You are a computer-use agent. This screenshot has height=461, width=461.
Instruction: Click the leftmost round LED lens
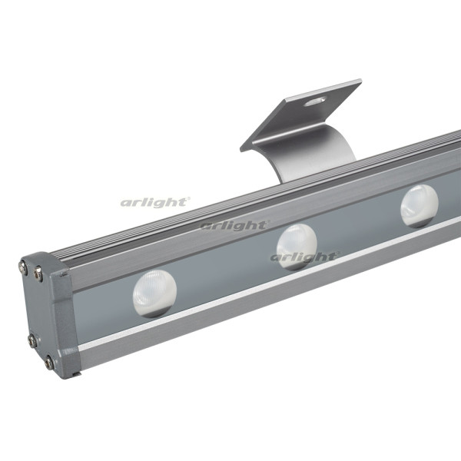coord(154,294)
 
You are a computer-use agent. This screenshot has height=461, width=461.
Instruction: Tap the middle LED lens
coord(297,247)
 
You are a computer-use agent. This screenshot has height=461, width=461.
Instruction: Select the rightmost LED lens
coord(420,206)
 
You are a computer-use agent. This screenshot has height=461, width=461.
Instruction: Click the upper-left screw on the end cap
coord(23,267)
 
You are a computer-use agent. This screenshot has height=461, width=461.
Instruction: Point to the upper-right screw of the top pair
coord(38,273)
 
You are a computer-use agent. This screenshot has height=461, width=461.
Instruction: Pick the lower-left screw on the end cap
coord(32,341)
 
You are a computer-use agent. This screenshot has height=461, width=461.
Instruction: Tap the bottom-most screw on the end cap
coord(49,362)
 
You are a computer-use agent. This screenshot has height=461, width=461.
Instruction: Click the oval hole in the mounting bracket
coord(314,101)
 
